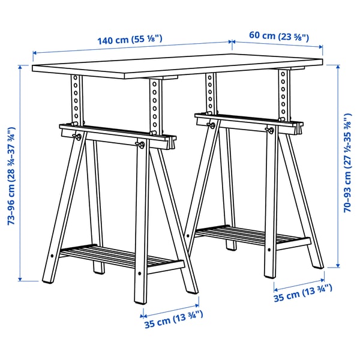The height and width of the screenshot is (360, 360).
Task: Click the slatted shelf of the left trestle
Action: click(x=120, y=258)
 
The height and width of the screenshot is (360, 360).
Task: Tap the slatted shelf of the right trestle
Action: click(x=252, y=236)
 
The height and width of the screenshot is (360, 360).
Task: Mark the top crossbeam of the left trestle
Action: click(x=114, y=135)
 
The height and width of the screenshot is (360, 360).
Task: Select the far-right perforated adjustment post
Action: click(x=283, y=96)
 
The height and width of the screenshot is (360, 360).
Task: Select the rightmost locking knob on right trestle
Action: click(x=269, y=130)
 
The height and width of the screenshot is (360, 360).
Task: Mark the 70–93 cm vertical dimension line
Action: click(x=337, y=168)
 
